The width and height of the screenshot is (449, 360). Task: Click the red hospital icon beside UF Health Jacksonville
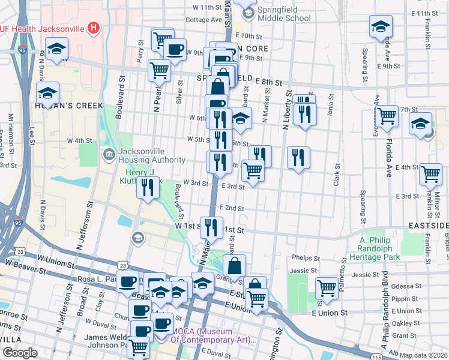point(93,27)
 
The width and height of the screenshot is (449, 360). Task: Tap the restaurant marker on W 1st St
point(211,227)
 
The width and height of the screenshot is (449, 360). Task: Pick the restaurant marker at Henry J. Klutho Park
point(148,187)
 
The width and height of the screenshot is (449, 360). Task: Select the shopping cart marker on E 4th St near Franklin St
point(431,174)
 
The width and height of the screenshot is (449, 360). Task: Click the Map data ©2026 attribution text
point(423,355)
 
